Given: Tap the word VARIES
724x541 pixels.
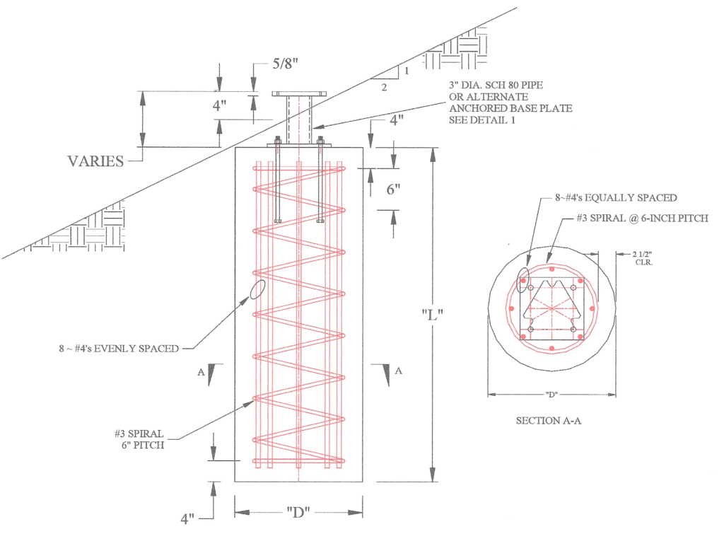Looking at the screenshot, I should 95,161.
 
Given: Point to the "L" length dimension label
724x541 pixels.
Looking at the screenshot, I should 431,315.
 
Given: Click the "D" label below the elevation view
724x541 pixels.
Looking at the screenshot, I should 298,511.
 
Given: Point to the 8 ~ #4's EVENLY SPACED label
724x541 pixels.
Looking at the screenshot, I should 118,348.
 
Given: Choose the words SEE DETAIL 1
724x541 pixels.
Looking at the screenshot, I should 482,120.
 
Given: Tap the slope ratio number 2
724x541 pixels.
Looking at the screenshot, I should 384,87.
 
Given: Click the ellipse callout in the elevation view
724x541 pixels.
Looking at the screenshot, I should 257,289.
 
